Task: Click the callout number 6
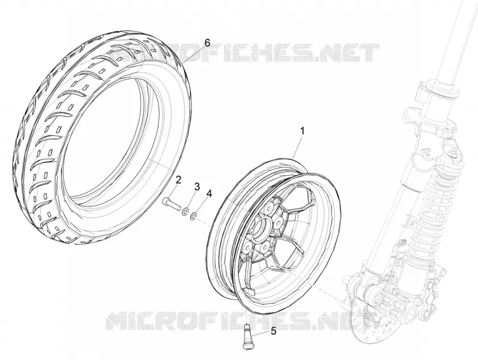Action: click(x=207, y=43)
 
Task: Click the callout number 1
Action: click(x=302, y=131)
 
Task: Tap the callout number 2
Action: click(x=178, y=179)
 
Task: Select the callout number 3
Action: click(x=197, y=187)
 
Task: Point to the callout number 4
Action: click(x=209, y=194)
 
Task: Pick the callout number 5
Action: click(x=274, y=331)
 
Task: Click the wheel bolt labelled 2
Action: click(x=171, y=203)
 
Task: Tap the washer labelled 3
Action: click(x=185, y=211)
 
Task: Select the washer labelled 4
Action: click(x=193, y=216)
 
